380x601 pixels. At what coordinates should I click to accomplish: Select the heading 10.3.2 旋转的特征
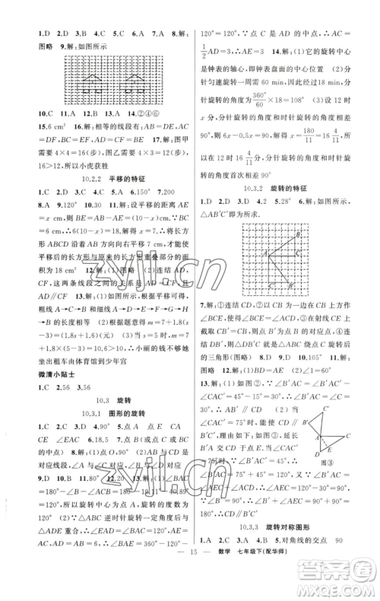click(278, 208)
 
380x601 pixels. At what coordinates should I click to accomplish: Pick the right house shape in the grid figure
click(136, 79)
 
